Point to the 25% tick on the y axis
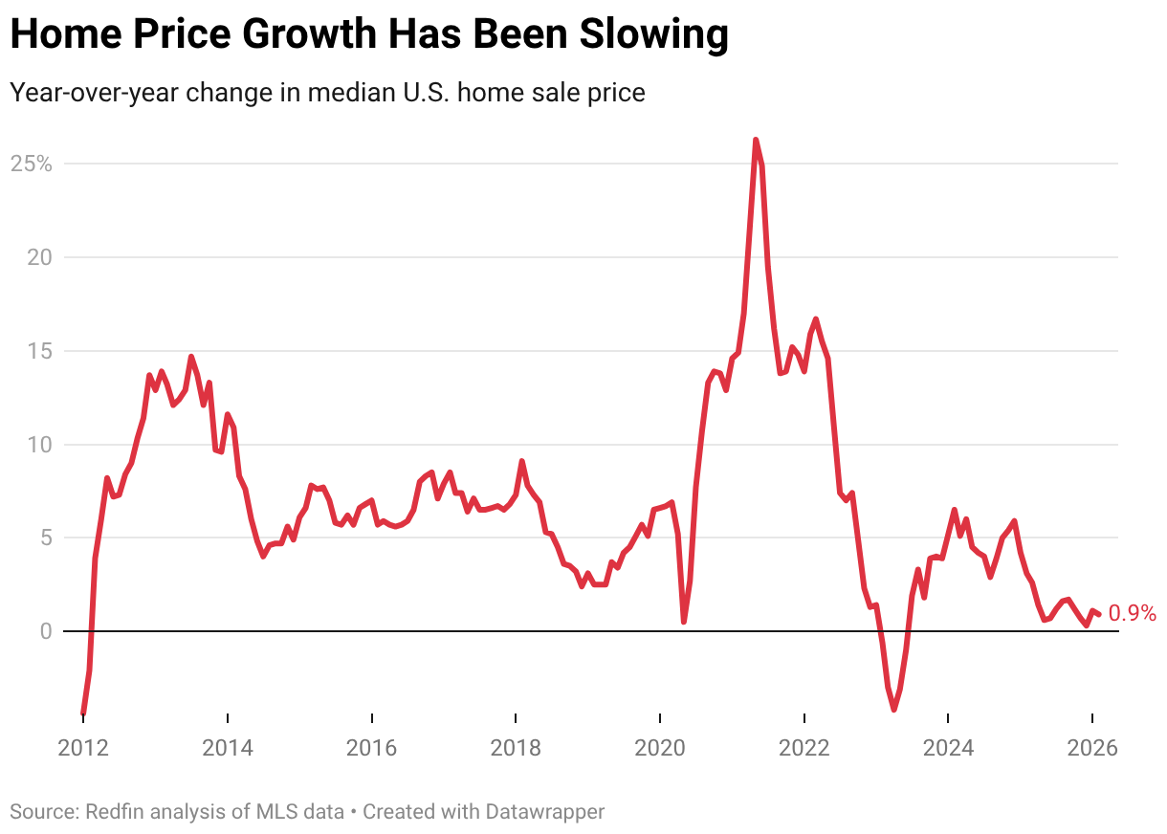[31, 164]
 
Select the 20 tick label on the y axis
[39, 257]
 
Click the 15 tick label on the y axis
[39, 351]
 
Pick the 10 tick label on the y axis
[39, 445]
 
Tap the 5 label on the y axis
[45, 538]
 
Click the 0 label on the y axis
[45, 631]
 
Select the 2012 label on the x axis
[83, 747]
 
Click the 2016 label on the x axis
[371, 747]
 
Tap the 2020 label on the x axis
[660, 747]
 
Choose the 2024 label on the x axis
[948, 747]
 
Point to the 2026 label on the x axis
[1092, 747]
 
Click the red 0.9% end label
[1132, 614]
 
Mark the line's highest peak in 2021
[756, 141]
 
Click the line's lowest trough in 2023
[894, 709]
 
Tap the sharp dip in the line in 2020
[684, 622]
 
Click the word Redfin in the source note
[112, 812]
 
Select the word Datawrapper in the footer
[545, 812]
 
